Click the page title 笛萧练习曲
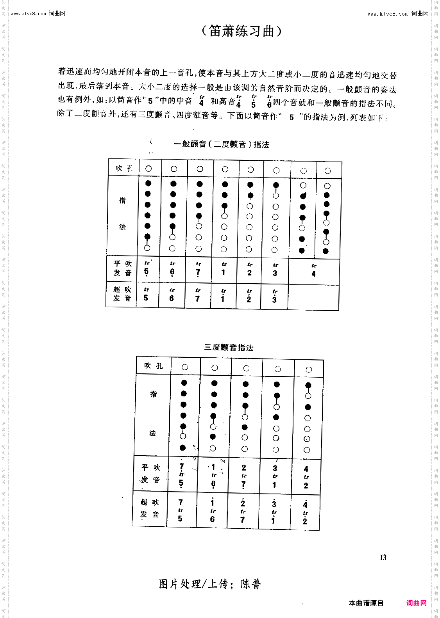[x=241, y=31]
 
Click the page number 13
[x=383, y=558]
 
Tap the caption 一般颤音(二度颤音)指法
[x=222, y=144]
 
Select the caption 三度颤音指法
[x=229, y=347]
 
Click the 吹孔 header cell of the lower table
[x=153, y=366]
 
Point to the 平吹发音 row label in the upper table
[x=122, y=268]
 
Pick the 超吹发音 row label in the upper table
[x=122, y=294]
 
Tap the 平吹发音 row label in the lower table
[x=151, y=473]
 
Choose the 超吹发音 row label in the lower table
[x=150, y=508]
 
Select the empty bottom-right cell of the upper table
[x=313, y=297]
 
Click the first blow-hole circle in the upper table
[x=148, y=169]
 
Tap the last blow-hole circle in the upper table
[x=327, y=171]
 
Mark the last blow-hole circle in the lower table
[x=309, y=369]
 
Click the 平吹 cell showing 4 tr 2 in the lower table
[x=306, y=477]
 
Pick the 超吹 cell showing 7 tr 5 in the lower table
[x=180, y=510]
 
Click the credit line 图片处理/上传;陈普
[x=209, y=584]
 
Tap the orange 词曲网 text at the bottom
[x=416, y=603]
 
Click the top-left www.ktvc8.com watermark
[x=38, y=14]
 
